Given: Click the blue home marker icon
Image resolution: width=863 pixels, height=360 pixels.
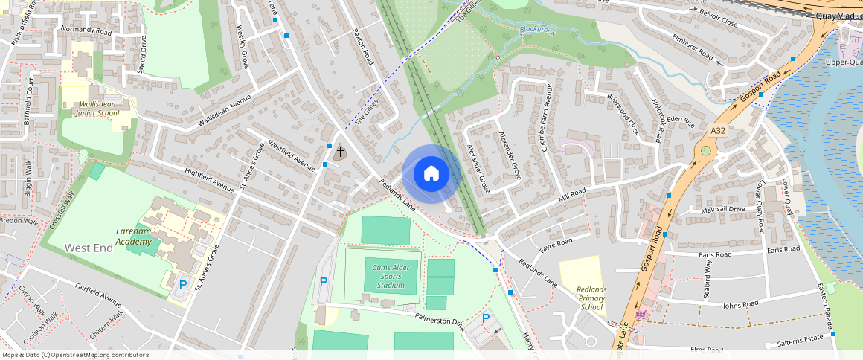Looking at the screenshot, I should click(x=431, y=174).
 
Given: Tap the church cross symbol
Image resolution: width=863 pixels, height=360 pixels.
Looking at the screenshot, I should click(x=341, y=151).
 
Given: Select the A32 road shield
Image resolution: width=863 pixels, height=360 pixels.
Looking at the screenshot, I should click(x=717, y=130).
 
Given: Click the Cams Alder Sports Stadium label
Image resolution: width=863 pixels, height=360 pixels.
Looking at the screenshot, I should click(x=391, y=276).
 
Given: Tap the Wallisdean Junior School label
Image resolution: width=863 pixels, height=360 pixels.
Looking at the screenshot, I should click(x=97, y=109).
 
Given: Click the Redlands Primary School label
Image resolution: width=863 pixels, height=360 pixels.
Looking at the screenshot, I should click(x=592, y=298).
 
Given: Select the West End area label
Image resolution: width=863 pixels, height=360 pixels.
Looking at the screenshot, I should click(x=89, y=248).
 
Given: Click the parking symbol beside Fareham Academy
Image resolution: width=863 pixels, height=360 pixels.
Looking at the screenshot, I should click(x=182, y=284).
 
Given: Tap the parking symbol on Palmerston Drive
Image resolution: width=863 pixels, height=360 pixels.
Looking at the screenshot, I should click(x=487, y=318).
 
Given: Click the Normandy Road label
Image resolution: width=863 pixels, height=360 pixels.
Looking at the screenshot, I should click(x=86, y=31).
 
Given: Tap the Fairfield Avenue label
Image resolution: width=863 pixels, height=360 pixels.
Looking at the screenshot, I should click(x=98, y=295).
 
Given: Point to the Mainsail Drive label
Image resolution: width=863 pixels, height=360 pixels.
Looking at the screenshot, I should click(x=722, y=210).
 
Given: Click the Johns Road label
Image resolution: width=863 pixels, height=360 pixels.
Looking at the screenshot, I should click(x=740, y=303).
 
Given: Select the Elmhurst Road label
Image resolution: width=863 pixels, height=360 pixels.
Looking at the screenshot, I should click(x=693, y=47).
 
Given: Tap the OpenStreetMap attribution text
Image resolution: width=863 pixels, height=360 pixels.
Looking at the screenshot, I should click(x=75, y=355).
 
